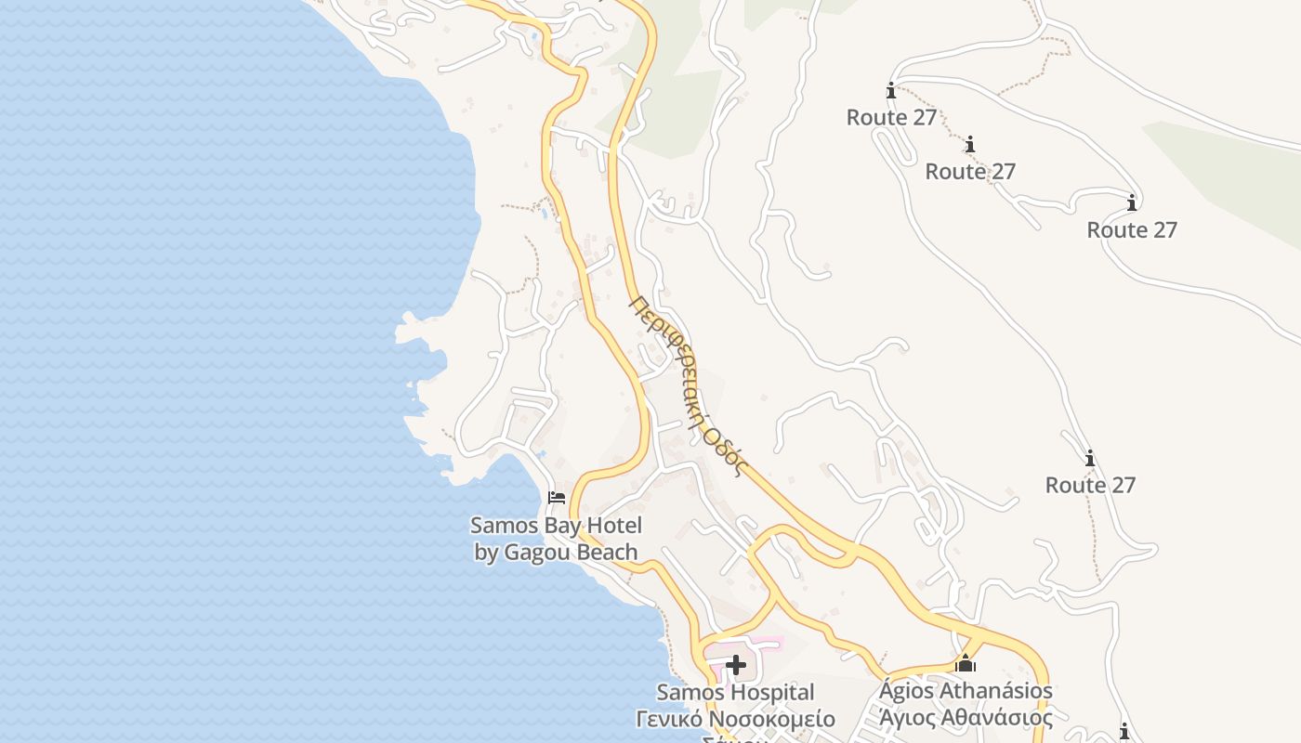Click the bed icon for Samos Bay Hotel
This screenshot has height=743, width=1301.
pyautogui.click(x=557, y=498)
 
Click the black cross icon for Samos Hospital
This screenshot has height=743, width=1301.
pyautogui.click(x=736, y=665)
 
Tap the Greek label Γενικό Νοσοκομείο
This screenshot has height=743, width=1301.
pyautogui.click(x=735, y=720)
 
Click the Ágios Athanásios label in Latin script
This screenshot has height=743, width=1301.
pyautogui.click(x=966, y=691)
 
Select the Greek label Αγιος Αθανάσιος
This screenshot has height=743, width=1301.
pyautogui.click(x=966, y=718)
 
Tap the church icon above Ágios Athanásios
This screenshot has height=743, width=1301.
pyautogui.click(x=966, y=663)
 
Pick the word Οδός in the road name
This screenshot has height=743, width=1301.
pyautogui.click(x=725, y=451)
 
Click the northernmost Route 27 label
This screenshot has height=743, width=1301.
pyautogui.click(x=891, y=118)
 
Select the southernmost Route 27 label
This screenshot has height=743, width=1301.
pyautogui.click(x=1090, y=486)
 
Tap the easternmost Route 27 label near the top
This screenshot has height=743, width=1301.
pyautogui.click(x=1132, y=230)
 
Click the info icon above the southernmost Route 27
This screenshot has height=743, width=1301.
pyautogui.click(x=1090, y=459)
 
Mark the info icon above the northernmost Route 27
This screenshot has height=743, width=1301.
pyautogui.click(x=891, y=91)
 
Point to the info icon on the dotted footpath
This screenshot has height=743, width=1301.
pyautogui.click(x=970, y=145)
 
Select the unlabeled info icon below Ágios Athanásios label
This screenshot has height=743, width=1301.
pyautogui.click(x=1124, y=731)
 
